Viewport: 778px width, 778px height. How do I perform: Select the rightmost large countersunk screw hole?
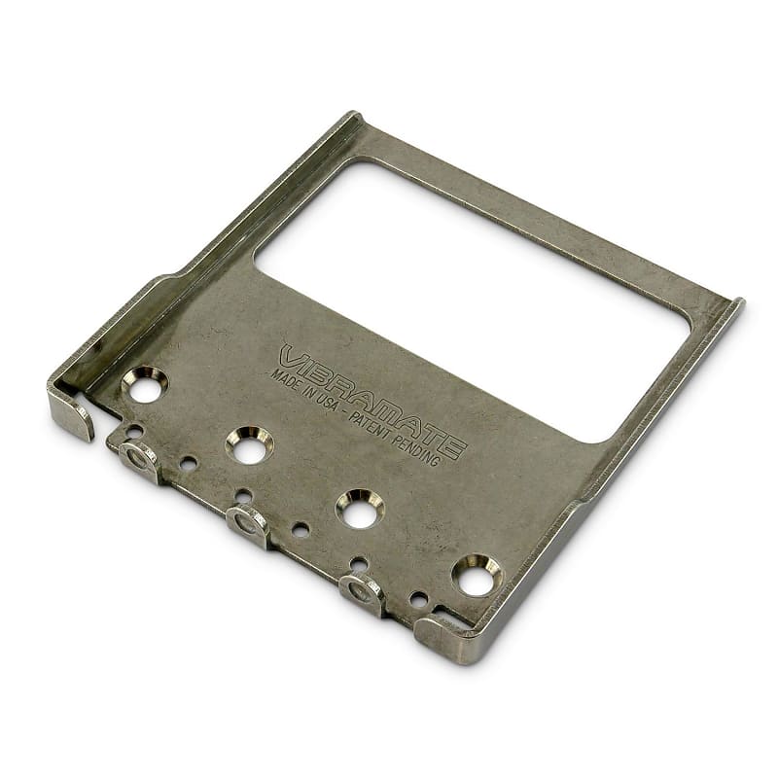click(x=476, y=580)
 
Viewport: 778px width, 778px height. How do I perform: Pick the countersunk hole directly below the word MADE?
click(x=249, y=446)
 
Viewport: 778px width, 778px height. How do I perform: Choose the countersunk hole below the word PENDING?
click(x=360, y=510)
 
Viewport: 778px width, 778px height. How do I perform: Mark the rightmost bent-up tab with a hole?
click(x=363, y=591)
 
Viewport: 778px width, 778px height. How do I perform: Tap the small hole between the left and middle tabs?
click(x=189, y=463)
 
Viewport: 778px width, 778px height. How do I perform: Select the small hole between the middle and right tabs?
click(x=301, y=530)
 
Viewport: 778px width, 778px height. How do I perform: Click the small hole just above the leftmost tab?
click(x=135, y=430)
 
